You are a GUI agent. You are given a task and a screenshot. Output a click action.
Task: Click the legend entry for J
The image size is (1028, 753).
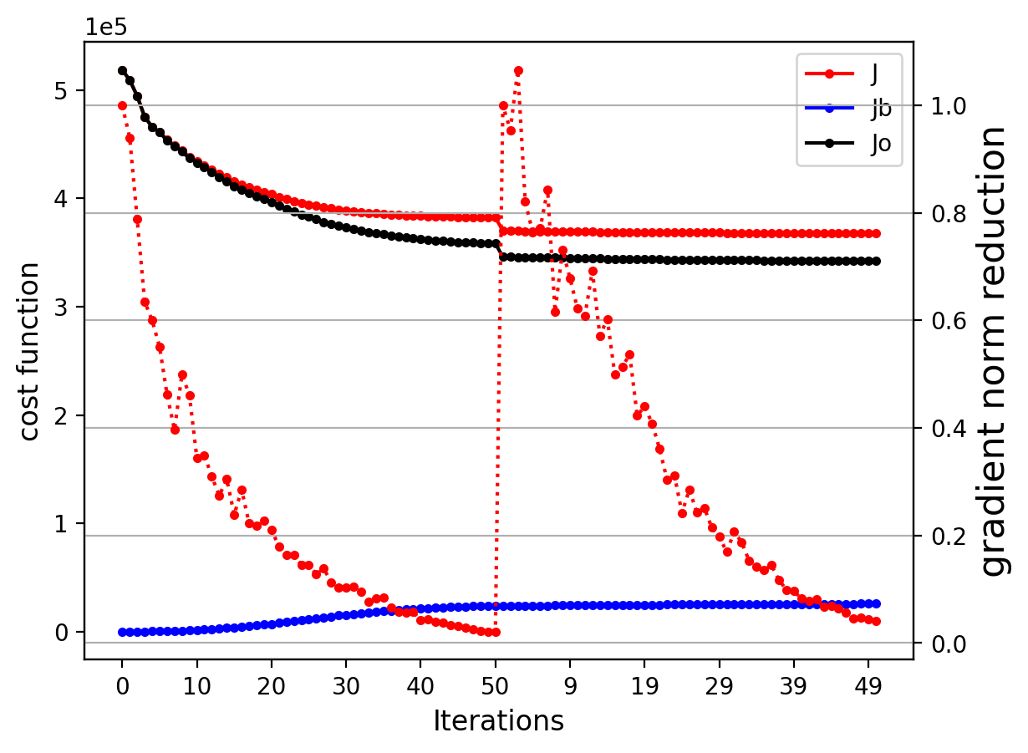(x=874, y=74)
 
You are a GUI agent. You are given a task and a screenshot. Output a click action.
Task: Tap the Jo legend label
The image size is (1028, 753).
(x=880, y=144)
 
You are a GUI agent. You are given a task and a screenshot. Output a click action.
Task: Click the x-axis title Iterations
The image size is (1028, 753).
(x=498, y=721)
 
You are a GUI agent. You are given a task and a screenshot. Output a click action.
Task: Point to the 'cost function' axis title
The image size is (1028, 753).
(x=30, y=351)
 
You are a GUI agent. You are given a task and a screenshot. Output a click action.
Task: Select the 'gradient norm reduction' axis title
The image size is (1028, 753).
(x=995, y=351)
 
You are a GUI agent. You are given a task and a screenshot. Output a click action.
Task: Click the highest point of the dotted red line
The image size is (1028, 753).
(x=518, y=71)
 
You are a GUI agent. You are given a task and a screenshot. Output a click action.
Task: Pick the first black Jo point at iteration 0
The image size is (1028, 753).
(x=122, y=71)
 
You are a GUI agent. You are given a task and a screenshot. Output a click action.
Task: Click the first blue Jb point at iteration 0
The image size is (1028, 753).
(x=122, y=632)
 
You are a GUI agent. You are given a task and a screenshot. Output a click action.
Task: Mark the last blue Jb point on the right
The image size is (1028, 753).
(x=876, y=603)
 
